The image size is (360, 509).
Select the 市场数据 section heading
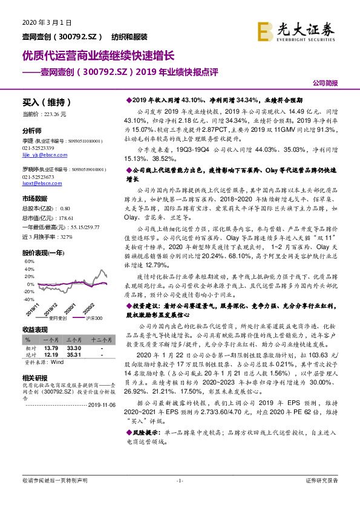pyautogui.click(x=35, y=198)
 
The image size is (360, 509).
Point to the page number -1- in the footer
pyautogui.click(x=180, y=481)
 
